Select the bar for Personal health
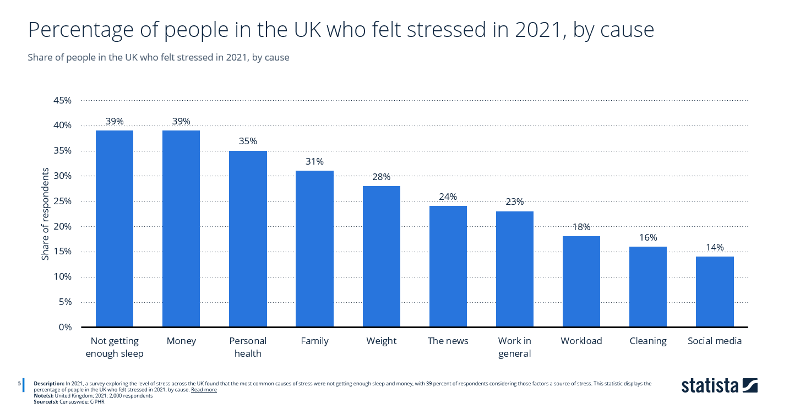248,238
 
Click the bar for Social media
715,291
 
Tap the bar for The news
448,266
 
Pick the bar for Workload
581,281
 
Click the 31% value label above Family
314,161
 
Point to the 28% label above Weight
381,177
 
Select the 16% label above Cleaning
648,237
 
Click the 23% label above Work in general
514,201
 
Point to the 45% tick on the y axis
62,100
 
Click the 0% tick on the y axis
64,327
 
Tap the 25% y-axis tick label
62,201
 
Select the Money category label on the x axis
181,341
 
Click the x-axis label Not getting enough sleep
115,347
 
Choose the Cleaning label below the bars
648,341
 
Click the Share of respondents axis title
46,214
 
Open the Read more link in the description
204,390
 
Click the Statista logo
719,385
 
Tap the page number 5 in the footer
20,383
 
